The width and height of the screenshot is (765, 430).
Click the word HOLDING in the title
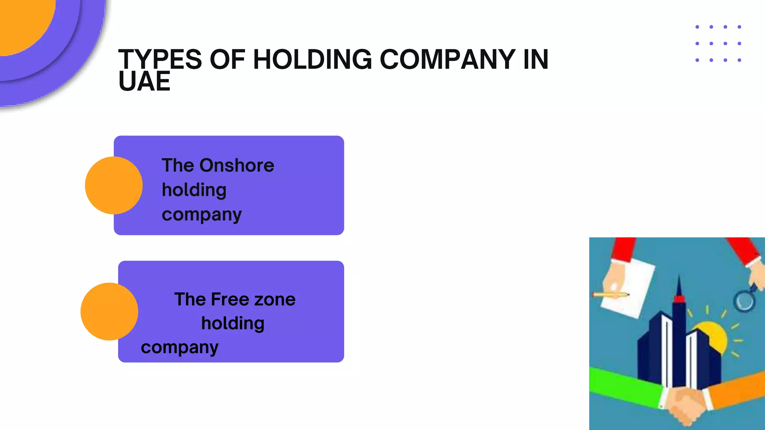(x=312, y=59)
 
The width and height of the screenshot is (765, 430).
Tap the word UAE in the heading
(x=144, y=82)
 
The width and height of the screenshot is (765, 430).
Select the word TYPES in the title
(x=160, y=59)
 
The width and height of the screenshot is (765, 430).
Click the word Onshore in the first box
(x=237, y=165)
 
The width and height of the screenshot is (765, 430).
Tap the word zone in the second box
(x=275, y=299)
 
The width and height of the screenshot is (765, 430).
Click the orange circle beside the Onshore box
(x=114, y=185)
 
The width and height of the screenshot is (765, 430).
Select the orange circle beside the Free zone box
(x=109, y=311)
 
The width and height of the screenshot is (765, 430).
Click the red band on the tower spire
(x=679, y=299)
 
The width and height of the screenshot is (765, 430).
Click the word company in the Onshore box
(x=202, y=215)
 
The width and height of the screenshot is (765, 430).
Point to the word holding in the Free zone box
(x=233, y=323)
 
